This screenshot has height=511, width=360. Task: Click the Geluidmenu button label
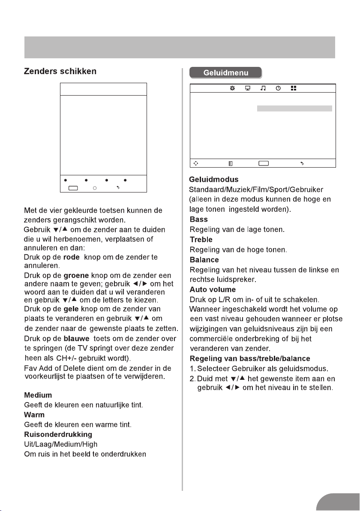click(x=226, y=72)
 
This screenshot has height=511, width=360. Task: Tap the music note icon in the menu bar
click(x=263, y=88)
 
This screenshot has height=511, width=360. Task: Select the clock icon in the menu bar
click(x=279, y=88)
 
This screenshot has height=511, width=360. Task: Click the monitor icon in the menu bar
click(x=248, y=88)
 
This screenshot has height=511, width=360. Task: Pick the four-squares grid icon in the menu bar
click(x=294, y=88)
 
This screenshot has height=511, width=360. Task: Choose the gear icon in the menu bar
click(x=232, y=88)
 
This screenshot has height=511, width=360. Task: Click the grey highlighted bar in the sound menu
click(x=294, y=108)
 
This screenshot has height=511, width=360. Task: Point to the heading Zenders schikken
click(x=63, y=72)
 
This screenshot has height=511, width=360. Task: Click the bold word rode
click(x=72, y=257)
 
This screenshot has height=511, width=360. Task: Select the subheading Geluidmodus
click(x=214, y=180)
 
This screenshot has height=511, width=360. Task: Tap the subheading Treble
click(x=201, y=240)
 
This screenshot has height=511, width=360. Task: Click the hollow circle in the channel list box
click(x=95, y=188)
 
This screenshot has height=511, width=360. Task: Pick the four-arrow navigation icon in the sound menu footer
click(x=195, y=163)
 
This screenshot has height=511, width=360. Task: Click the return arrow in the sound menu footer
click(x=302, y=163)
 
